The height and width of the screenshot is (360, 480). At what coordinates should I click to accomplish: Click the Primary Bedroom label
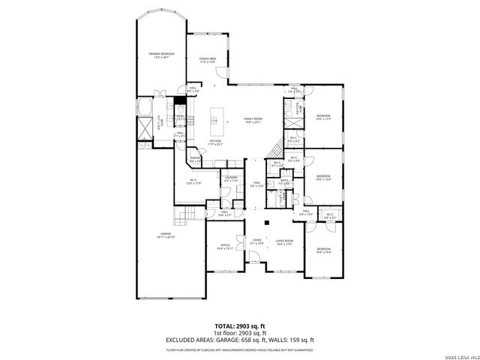click(x=156, y=55)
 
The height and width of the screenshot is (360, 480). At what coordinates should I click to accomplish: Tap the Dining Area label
click(x=208, y=60)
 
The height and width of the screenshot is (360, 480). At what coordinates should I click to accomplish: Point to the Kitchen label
click(x=215, y=142)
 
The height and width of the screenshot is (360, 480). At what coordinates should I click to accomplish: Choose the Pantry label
click(x=195, y=159)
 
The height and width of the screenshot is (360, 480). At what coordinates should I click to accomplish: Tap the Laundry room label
click(x=230, y=180)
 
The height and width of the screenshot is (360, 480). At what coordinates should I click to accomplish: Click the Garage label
click(x=166, y=235)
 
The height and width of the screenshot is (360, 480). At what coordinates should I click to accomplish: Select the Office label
click(x=224, y=247)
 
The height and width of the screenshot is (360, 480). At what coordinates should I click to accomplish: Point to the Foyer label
click(x=256, y=242)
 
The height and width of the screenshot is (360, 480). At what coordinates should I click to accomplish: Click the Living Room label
click(x=284, y=242)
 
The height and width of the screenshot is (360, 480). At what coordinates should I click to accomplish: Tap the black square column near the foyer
click(x=268, y=223)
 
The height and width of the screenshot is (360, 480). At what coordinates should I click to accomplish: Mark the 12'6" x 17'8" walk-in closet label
click(x=193, y=181)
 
